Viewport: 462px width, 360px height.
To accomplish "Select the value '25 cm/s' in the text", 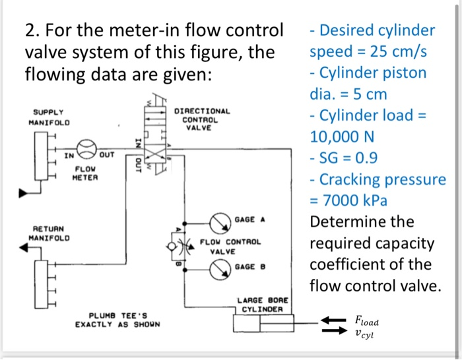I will [x=396, y=51].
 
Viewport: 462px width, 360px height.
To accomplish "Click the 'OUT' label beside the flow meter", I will [x=107, y=156].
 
